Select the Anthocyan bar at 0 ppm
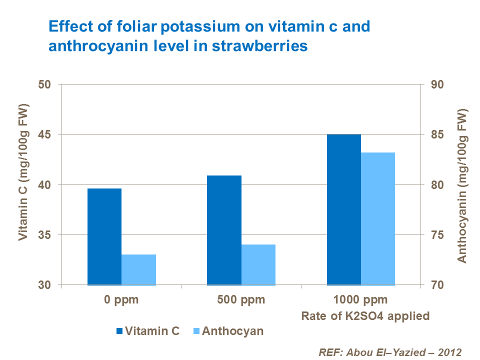138,269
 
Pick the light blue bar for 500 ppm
258,264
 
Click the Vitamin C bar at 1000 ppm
344,209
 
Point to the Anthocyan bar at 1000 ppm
378,218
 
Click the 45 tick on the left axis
45,134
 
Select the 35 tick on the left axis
45,235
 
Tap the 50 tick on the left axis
45,84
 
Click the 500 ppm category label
241,300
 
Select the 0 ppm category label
121,300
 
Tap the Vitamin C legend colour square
119,331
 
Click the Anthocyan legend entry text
232,331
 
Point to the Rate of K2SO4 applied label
365,316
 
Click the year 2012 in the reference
446,351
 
